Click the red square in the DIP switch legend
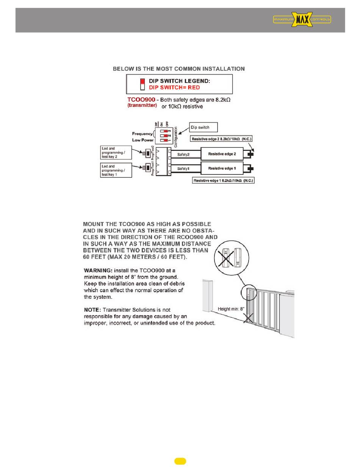(142, 81)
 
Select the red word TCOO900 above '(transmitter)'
(141, 100)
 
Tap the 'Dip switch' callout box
(204, 127)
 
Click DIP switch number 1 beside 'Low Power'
(164, 140)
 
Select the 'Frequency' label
(142, 133)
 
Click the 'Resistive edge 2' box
(222, 154)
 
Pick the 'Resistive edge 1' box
(222, 168)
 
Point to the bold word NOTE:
(92, 310)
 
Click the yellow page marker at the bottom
(180, 461)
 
